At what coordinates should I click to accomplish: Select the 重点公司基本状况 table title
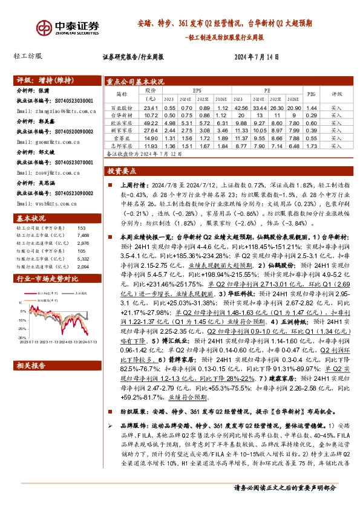pos(136,81)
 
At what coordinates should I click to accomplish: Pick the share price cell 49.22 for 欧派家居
pos(151,122)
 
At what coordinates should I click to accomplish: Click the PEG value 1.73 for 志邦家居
pos(312,146)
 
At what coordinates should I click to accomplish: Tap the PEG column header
pos(312,94)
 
